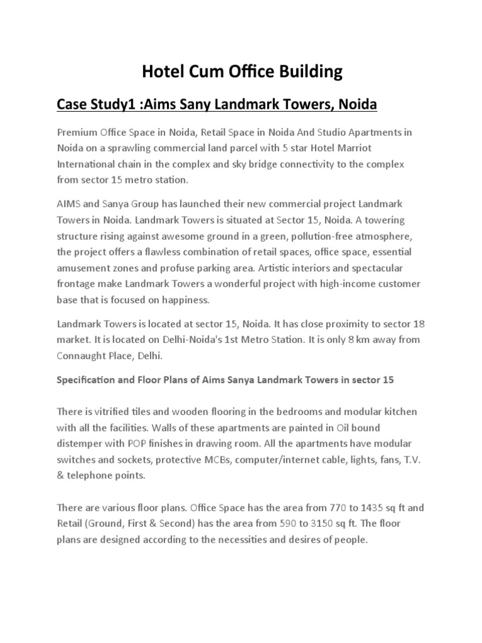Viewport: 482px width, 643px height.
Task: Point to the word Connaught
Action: (x=82, y=356)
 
